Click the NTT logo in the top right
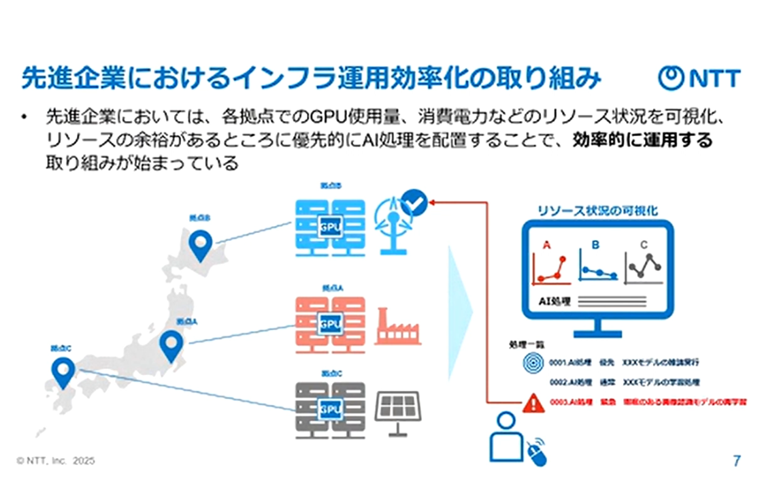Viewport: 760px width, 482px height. click(x=699, y=78)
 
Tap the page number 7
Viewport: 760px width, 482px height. click(x=736, y=461)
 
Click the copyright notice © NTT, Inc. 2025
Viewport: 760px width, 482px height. click(x=56, y=461)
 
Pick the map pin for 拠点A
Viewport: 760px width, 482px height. click(x=171, y=346)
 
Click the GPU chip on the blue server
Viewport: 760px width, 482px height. click(x=330, y=227)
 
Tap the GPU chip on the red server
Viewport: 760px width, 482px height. click(x=330, y=323)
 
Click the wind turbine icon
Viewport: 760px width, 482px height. click(x=395, y=228)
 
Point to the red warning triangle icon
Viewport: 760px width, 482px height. click(x=531, y=403)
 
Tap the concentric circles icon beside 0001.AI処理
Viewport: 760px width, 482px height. click(x=533, y=362)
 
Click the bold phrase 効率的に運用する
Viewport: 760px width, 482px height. click(x=642, y=140)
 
